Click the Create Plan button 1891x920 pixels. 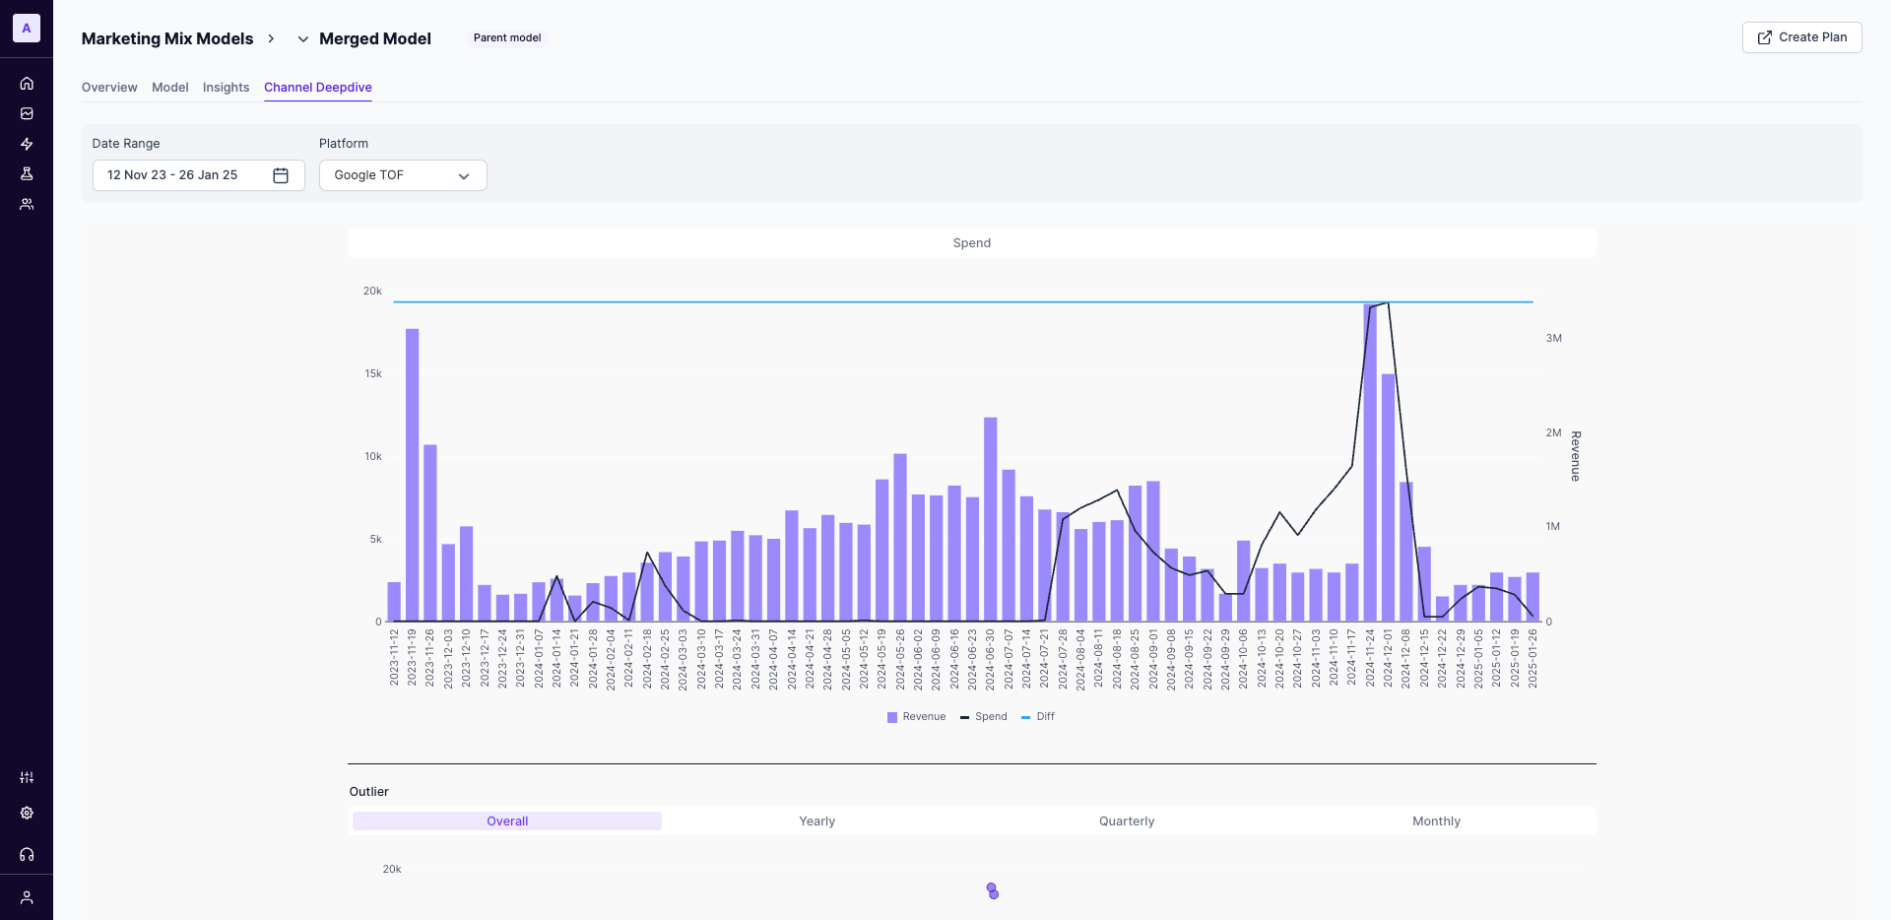coord(1801,37)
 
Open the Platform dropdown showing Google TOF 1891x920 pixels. coord(403,175)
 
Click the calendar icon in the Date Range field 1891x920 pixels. coord(281,175)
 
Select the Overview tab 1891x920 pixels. coord(109,88)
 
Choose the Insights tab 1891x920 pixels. coord(226,88)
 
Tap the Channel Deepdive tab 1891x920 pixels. coord(317,88)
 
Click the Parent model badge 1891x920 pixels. coord(507,38)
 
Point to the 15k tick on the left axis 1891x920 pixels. coord(373,374)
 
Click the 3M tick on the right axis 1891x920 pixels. coord(1553,339)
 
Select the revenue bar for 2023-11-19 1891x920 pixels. coord(412,473)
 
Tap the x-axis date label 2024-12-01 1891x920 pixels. coord(1388,659)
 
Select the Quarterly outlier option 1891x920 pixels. coord(1126,821)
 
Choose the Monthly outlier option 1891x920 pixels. coord(1435,821)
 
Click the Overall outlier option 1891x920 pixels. coord(507,821)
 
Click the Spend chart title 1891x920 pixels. coord(971,243)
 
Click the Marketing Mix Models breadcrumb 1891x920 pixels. coord(167,39)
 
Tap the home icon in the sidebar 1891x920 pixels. coord(27,84)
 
